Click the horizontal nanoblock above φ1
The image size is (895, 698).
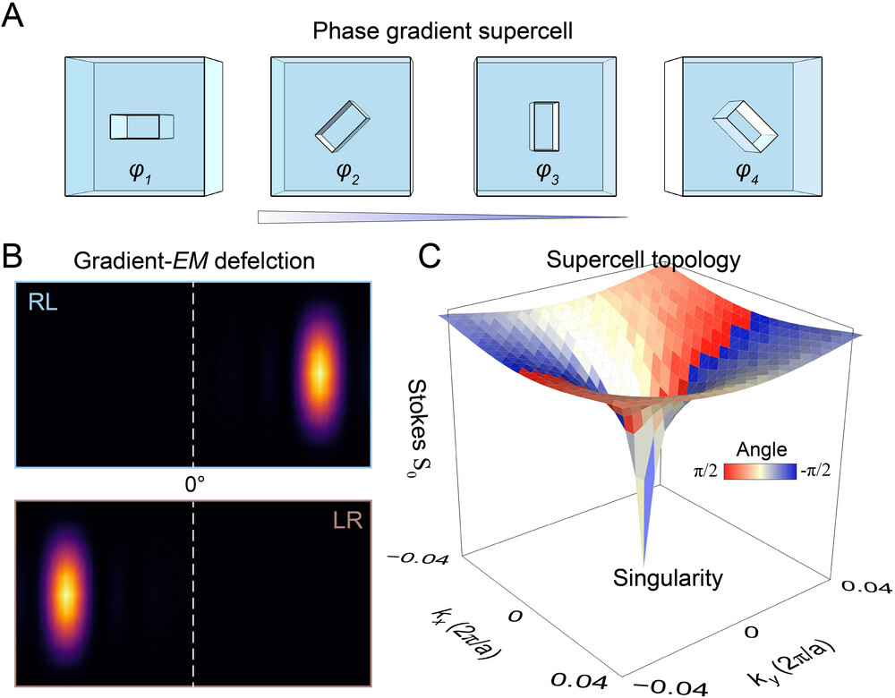tap(141, 127)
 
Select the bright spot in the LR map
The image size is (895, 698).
tap(65, 592)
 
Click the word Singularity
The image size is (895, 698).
tap(667, 579)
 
